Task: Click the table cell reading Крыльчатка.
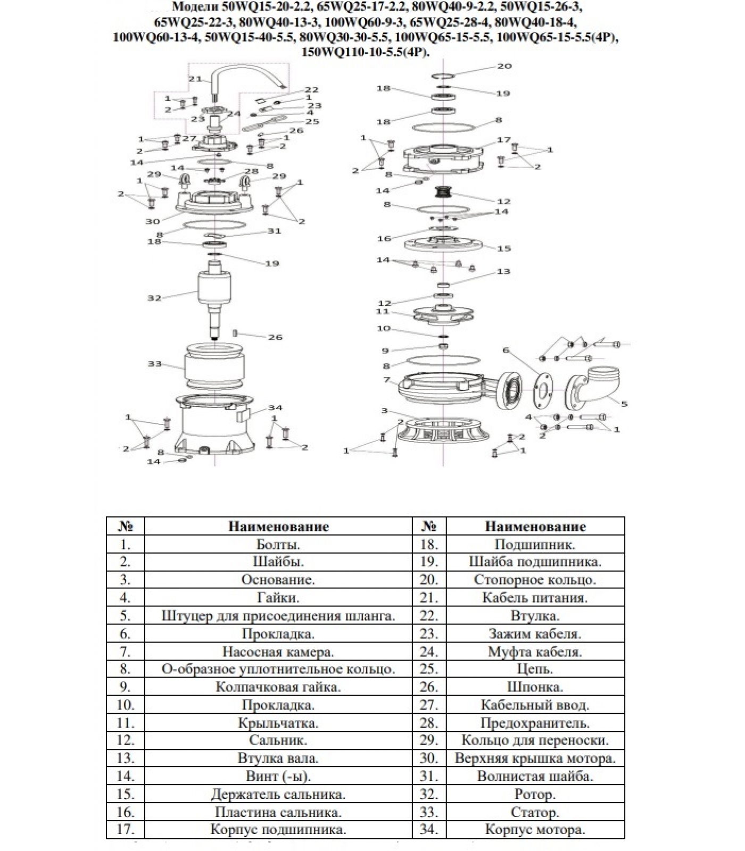278,723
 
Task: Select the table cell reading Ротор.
535,794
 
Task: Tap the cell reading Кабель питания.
535,597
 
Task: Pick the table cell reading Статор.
535,812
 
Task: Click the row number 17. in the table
125,830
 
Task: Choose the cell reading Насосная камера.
278,652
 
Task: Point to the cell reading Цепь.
535,669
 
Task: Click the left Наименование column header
278,527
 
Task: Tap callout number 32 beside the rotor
154,298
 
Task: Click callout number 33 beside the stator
154,364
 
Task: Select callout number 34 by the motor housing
275,408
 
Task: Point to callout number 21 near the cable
195,79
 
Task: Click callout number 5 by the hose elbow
624,404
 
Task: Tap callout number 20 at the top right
504,66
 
